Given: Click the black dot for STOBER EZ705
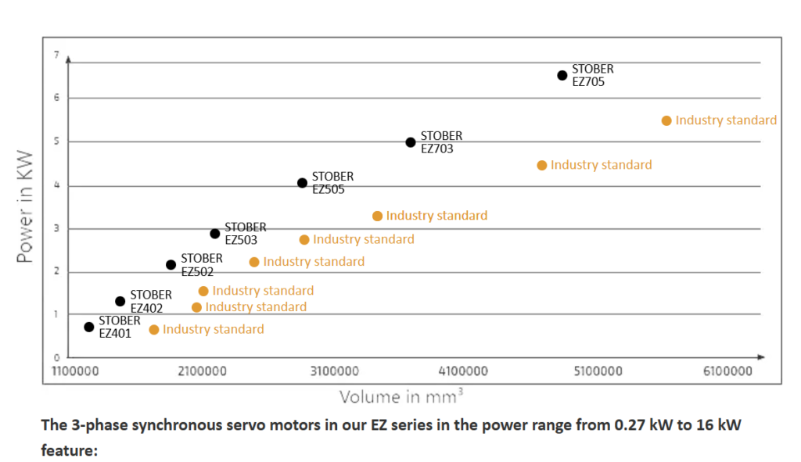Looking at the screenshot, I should click(562, 75).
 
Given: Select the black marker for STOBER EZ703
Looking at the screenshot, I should click(411, 142).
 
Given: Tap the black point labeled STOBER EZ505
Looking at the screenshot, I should click(302, 183).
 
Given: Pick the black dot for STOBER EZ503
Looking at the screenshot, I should click(215, 234).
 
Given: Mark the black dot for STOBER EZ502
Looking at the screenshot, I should click(171, 265).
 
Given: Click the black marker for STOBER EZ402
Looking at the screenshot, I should click(120, 301).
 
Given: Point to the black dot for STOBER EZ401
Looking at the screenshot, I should click(89, 327).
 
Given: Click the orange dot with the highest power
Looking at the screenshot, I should click(666, 120).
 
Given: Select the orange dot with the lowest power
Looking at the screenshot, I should click(154, 330).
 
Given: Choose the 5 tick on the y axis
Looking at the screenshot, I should click(56, 141).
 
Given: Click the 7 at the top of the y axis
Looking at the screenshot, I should click(56, 55).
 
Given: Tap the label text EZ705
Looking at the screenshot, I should click(588, 81).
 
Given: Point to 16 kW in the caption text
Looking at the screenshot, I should click(719, 427).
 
